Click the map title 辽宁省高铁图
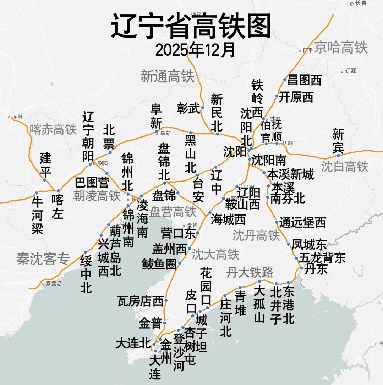point(191,27)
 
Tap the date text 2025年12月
point(195,50)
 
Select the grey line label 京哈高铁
point(341,47)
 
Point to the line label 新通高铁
point(168,76)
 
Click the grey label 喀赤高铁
point(53,130)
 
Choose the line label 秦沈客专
point(43,260)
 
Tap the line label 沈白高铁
point(345,167)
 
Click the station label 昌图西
point(304,80)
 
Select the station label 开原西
point(296,97)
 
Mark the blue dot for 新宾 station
point(338,155)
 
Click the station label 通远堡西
point(302,223)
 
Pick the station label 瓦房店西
point(141,301)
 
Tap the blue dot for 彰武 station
point(203,108)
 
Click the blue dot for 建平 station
point(45,180)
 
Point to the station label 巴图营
point(92,183)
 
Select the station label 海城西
point(228,219)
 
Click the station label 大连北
point(133,344)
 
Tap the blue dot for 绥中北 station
point(86,252)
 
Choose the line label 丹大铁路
point(250,272)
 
